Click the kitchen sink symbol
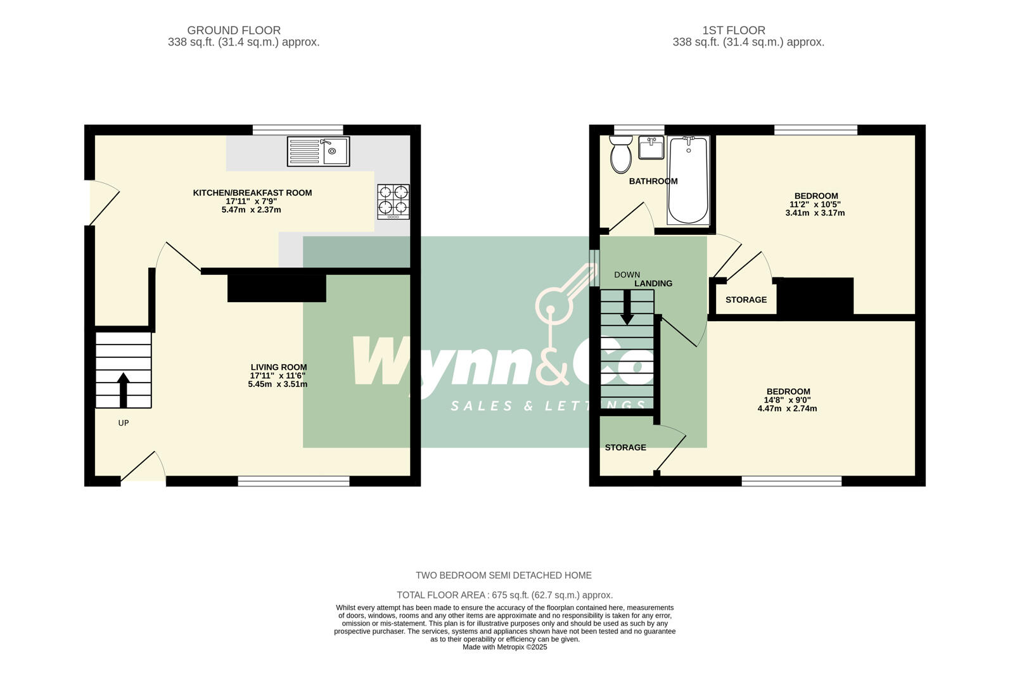click(318, 151)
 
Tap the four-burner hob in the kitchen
click(393, 201)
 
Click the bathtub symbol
click(688, 180)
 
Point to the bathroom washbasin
click(651, 148)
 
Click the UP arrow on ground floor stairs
click(123, 389)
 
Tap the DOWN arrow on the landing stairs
click(627, 307)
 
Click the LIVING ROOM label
click(279, 367)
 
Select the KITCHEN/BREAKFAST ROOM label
click(252, 193)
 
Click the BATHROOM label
click(653, 181)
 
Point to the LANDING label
click(653, 284)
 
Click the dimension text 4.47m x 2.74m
click(787, 408)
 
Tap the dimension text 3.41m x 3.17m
click(815, 213)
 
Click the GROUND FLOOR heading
click(234, 30)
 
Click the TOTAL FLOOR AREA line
click(504, 595)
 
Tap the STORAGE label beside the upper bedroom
click(746, 300)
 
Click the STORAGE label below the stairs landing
click(625, 448)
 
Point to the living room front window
click(293, 482)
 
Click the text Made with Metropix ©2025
click(504, 647)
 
